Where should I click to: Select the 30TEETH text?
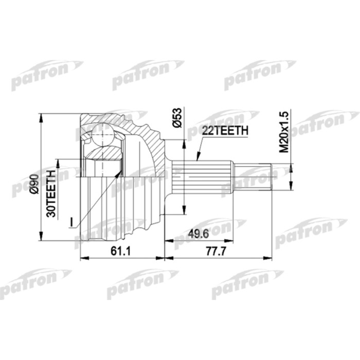tap(51, 192)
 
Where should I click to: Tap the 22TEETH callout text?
tap(225, 132)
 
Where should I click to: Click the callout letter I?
tap(73, 222)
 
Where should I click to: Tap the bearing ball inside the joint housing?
tap(103, 137)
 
